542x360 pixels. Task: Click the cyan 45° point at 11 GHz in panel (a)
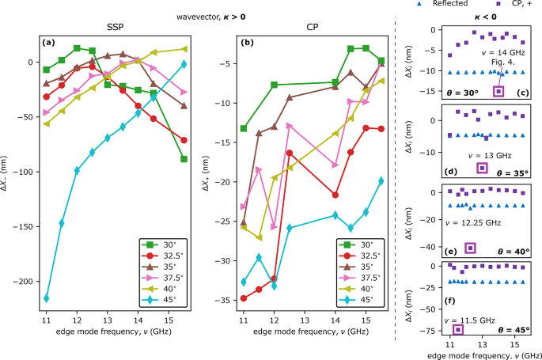click(46, 298)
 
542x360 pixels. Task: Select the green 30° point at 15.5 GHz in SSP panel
click(184, 159)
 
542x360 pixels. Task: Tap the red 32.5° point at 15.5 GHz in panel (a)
click(184, 140)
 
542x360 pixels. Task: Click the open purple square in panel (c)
click(498, 92)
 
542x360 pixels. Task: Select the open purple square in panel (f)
click(457, 330)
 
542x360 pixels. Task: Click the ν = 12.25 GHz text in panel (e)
click(472, 224)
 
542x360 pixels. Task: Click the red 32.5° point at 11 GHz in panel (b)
click(244, 298)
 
